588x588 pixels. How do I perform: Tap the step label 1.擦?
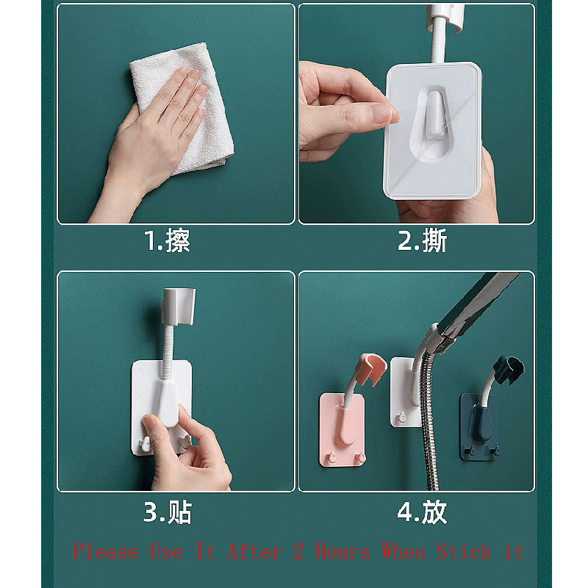click(x=168, y=240)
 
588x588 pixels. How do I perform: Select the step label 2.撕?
click(x=422, y=240)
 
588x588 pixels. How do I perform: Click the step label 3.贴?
click(x=168, y=512)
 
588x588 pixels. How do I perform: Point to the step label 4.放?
click(x=422, y=512)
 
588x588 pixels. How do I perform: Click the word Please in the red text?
click(x=106, y=551)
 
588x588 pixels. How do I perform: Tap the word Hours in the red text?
click(x=343, y=551)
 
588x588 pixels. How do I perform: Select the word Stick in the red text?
click(x=464, y=551)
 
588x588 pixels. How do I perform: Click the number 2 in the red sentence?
click(x=298, y=551)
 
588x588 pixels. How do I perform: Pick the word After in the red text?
click(x=254, y=551)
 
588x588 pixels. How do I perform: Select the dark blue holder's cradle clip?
click(x=508, y=370)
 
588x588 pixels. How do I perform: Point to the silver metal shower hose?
click(x=429, y=420)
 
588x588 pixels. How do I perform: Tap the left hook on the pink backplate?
click(x=331, y=457)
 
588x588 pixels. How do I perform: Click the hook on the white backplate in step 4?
click(x=401, y=417)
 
